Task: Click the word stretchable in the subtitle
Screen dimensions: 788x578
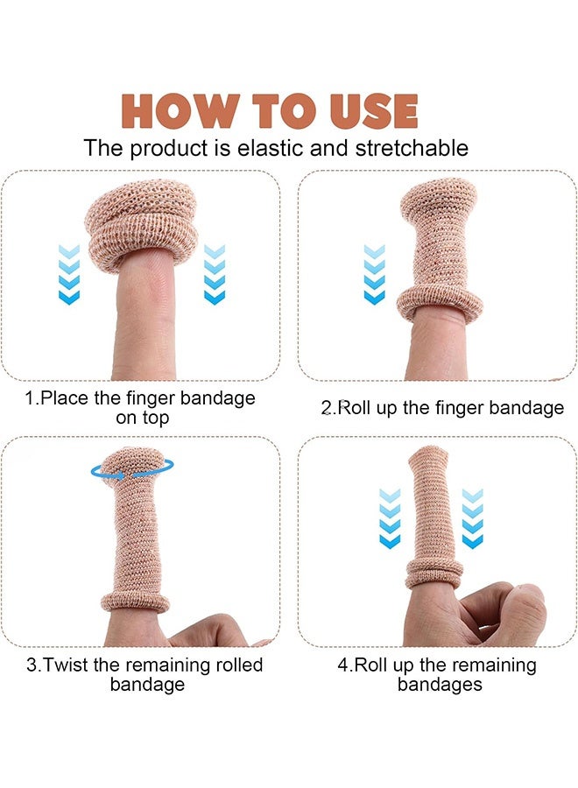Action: [412, 148]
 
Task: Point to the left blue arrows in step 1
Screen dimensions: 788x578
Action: [69, 274]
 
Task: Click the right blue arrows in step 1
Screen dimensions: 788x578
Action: [215, 274]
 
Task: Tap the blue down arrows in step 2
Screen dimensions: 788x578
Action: [374, 274]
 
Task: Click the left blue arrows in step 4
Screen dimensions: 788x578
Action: [389, 518]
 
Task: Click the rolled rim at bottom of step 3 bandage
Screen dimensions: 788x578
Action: [136, 602]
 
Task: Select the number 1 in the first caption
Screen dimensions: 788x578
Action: [29, 398]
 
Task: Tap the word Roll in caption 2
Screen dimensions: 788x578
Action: [356, 407]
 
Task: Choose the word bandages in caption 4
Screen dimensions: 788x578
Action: [440, 685]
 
